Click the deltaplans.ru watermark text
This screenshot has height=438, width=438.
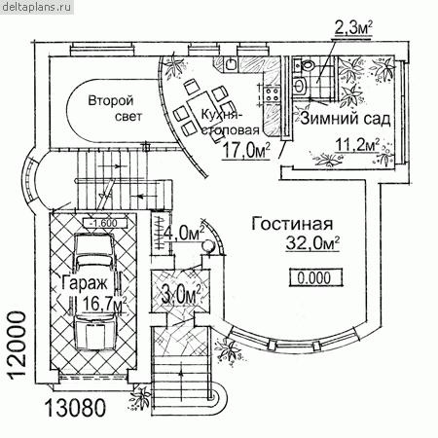(36, 7)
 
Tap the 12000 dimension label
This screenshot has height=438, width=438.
(17, 346)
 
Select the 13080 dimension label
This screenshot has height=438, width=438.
(75, 408)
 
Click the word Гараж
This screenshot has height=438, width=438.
(85, 282)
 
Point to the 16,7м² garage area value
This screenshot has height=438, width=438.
(105, 304)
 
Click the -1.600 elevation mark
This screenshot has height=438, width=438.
(104, 223)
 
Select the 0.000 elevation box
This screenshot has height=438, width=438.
(315, 277)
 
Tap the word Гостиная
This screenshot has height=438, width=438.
(292, 224)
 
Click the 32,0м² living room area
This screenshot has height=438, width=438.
(312, 243)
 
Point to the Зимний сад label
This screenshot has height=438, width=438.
(346, 119)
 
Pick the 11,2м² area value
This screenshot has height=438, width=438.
(357, 145)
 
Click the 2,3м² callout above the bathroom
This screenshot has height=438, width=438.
(352, 28)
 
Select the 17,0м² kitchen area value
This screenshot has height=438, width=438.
(246, 151)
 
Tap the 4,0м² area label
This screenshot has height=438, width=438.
(184, 233)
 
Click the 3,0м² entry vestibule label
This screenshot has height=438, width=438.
(180, 295)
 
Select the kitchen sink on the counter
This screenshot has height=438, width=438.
(231, 64)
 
